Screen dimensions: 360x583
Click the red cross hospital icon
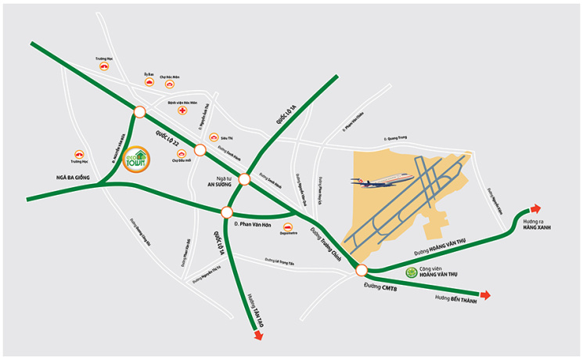point(182,112)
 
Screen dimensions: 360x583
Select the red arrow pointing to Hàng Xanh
point(534,209)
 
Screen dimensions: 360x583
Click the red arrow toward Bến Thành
point(485,295)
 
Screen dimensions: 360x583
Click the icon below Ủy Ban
point(147,83)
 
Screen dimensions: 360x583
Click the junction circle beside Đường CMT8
point(361,271)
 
